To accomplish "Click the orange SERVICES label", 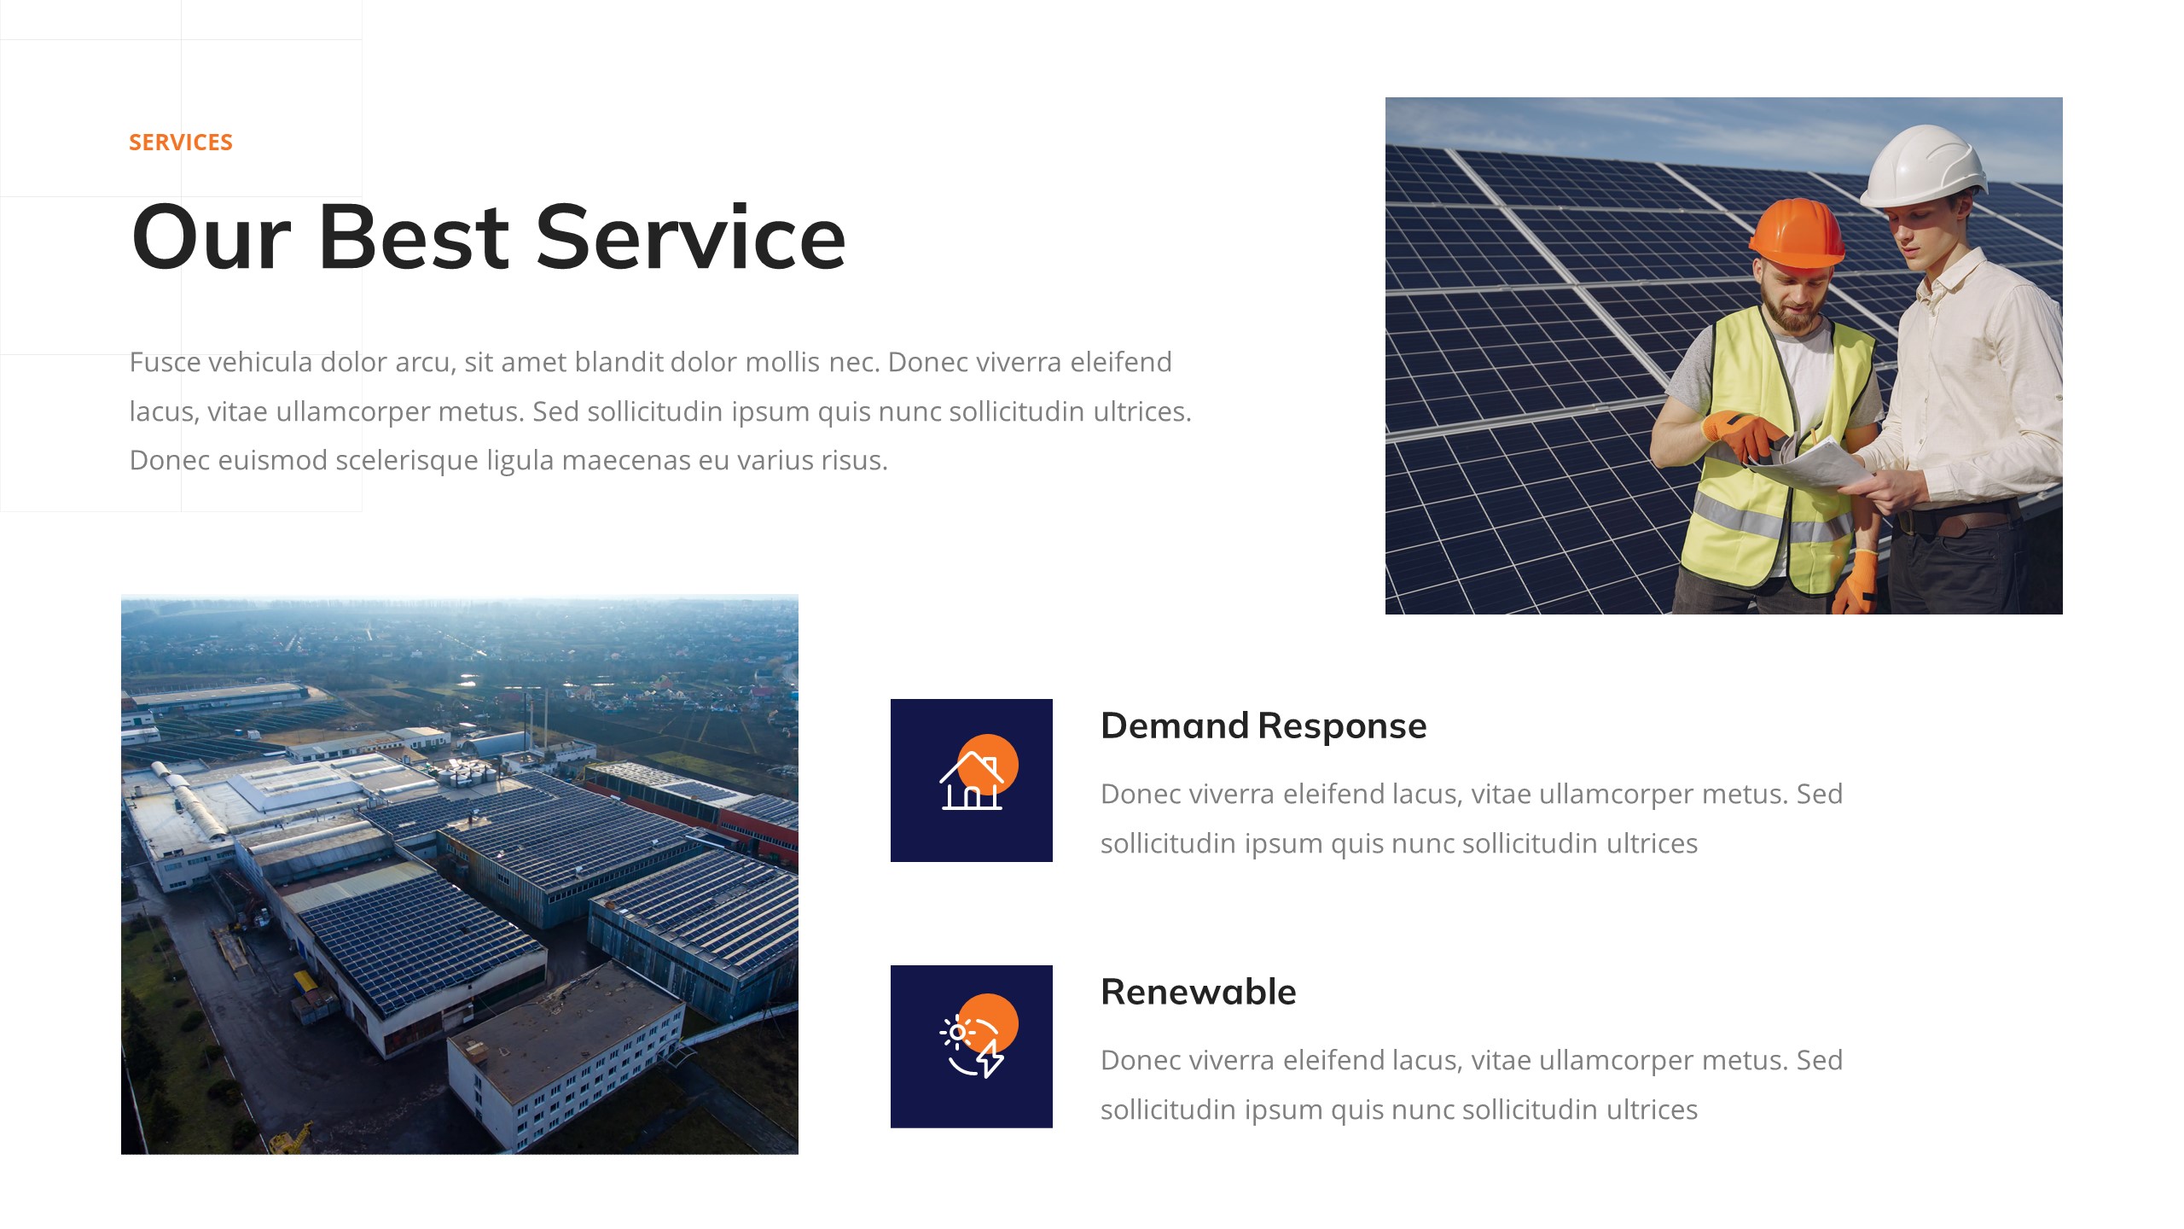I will (180, 143).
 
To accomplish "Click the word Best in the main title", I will (414, 238).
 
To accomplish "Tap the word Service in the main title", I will (690, 238).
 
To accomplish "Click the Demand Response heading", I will (1263, 726).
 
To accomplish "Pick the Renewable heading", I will (1198, 993).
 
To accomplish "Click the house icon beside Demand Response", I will (971, 781).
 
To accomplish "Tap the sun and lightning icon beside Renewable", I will (971, 1046).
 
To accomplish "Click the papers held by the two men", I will (1817, 464).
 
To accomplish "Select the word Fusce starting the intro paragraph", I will (166, 363).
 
